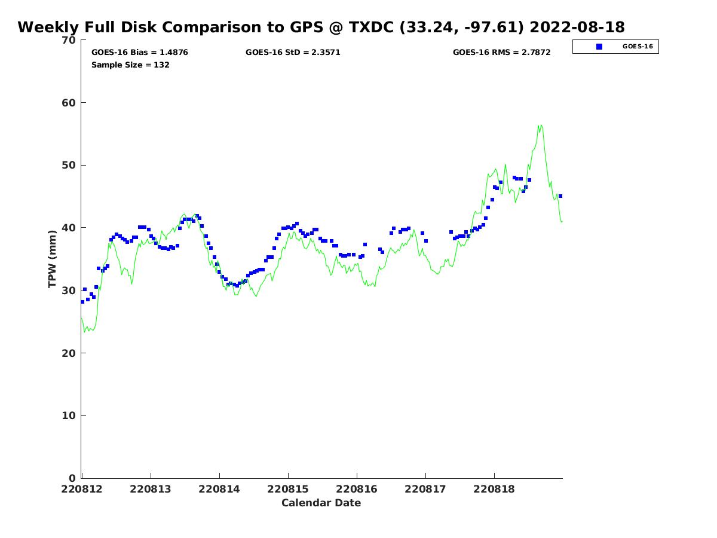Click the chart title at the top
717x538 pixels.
point(321,27)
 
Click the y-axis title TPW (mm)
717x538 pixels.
point(52,259)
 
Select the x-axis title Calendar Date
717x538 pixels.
point(321,503)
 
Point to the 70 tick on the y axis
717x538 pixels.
point(69,40)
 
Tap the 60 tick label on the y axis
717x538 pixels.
point(69,103)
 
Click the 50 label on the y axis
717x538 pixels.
point(69,165)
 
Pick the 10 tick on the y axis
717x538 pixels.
point(69,415)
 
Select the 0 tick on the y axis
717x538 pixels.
point(72,478)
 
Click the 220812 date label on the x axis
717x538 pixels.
point(81,489)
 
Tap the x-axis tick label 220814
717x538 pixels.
point(219,489)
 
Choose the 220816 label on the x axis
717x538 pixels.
point(357,489)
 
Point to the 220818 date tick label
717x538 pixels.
point(494,489)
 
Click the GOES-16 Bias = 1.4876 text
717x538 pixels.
point(139,52)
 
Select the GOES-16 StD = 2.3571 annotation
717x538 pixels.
point(293,52)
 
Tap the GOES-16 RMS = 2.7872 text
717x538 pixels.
point(501,52)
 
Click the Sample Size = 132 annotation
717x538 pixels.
point(130,65)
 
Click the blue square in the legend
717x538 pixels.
point(599,47)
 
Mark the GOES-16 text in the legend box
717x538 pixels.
point(638,47)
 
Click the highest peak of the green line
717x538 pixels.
point(540,125)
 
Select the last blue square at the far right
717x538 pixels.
point(560,196)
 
